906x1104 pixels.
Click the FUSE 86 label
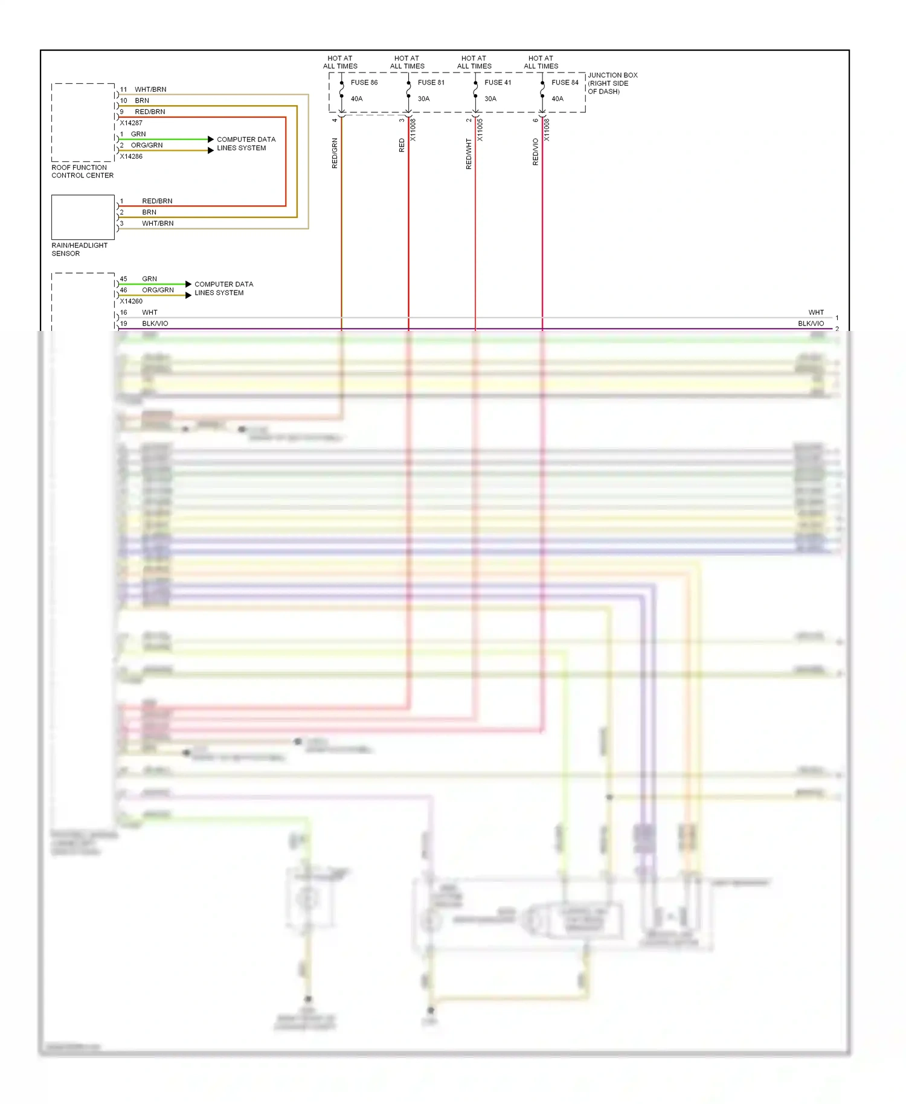(364, 82)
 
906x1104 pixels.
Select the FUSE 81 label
(431, 82)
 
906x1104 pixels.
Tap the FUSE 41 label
(497, 82)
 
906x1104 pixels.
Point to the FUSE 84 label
(565, 82)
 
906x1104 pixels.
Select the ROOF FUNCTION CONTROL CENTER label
(82, 172)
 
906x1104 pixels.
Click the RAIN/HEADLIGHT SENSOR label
(79, 249)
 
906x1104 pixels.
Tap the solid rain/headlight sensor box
(83, 217)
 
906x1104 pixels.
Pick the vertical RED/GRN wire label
(335, 153)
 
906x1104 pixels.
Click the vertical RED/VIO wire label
(535, 152)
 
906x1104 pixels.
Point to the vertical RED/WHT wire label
(469, 153)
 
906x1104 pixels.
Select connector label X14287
(131, 123)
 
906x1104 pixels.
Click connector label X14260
(131, 301)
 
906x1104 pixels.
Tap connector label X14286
(131, 156)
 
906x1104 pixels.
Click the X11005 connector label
(480, 129)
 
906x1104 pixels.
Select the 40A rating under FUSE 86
(356, 98)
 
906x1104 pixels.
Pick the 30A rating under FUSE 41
(490, 98)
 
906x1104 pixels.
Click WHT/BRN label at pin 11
(150, 89)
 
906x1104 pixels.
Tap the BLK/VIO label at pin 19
(155, 324)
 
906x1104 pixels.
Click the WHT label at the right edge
(815, 312)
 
